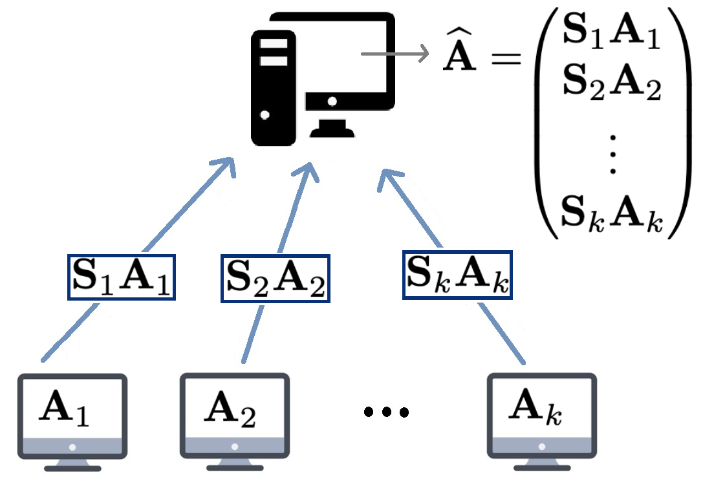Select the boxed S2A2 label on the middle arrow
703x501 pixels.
click(x=276, y=279)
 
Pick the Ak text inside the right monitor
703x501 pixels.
click(x=535, y=409)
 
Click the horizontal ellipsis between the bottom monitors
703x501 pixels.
click(x=386, y=412)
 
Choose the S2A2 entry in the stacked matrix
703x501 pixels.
click(x=611, y=85)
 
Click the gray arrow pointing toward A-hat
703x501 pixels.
click(x=395, y=54)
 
